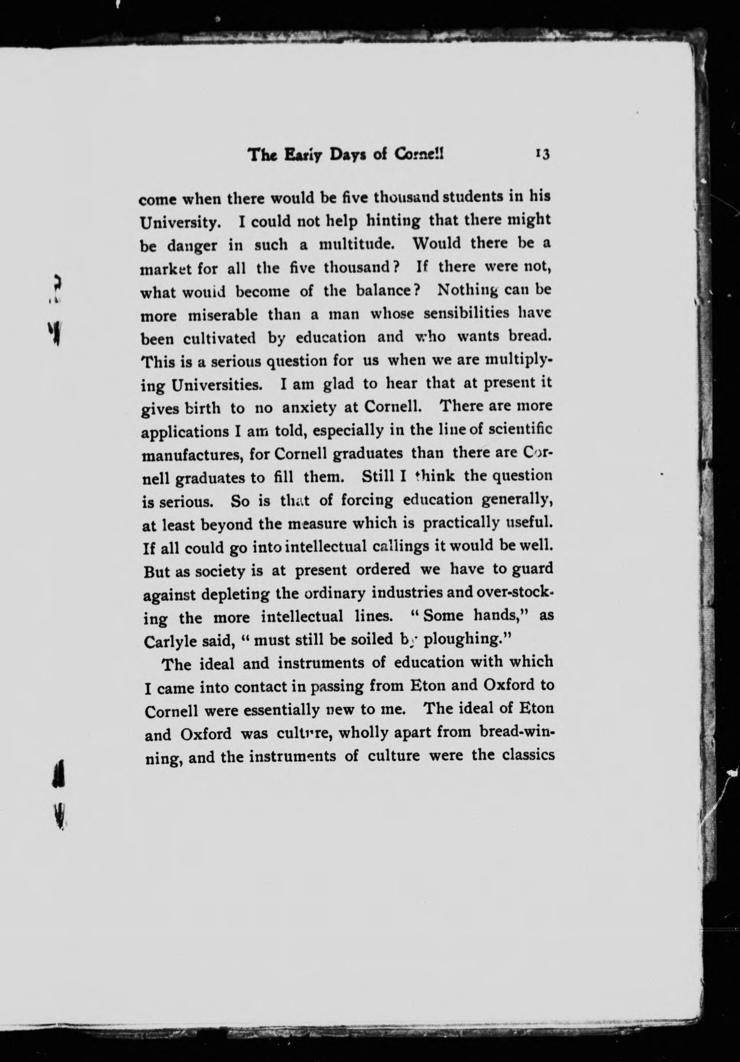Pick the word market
[165, 269]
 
